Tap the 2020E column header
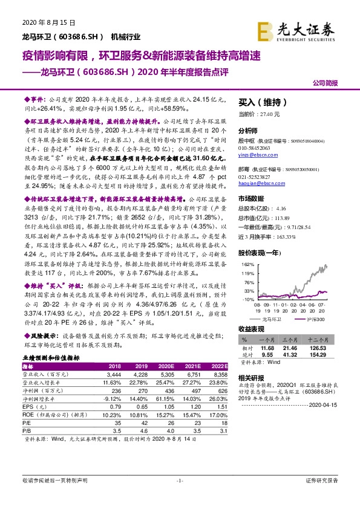167,366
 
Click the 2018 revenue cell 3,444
114,375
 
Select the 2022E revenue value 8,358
220,375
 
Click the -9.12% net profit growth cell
113,400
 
